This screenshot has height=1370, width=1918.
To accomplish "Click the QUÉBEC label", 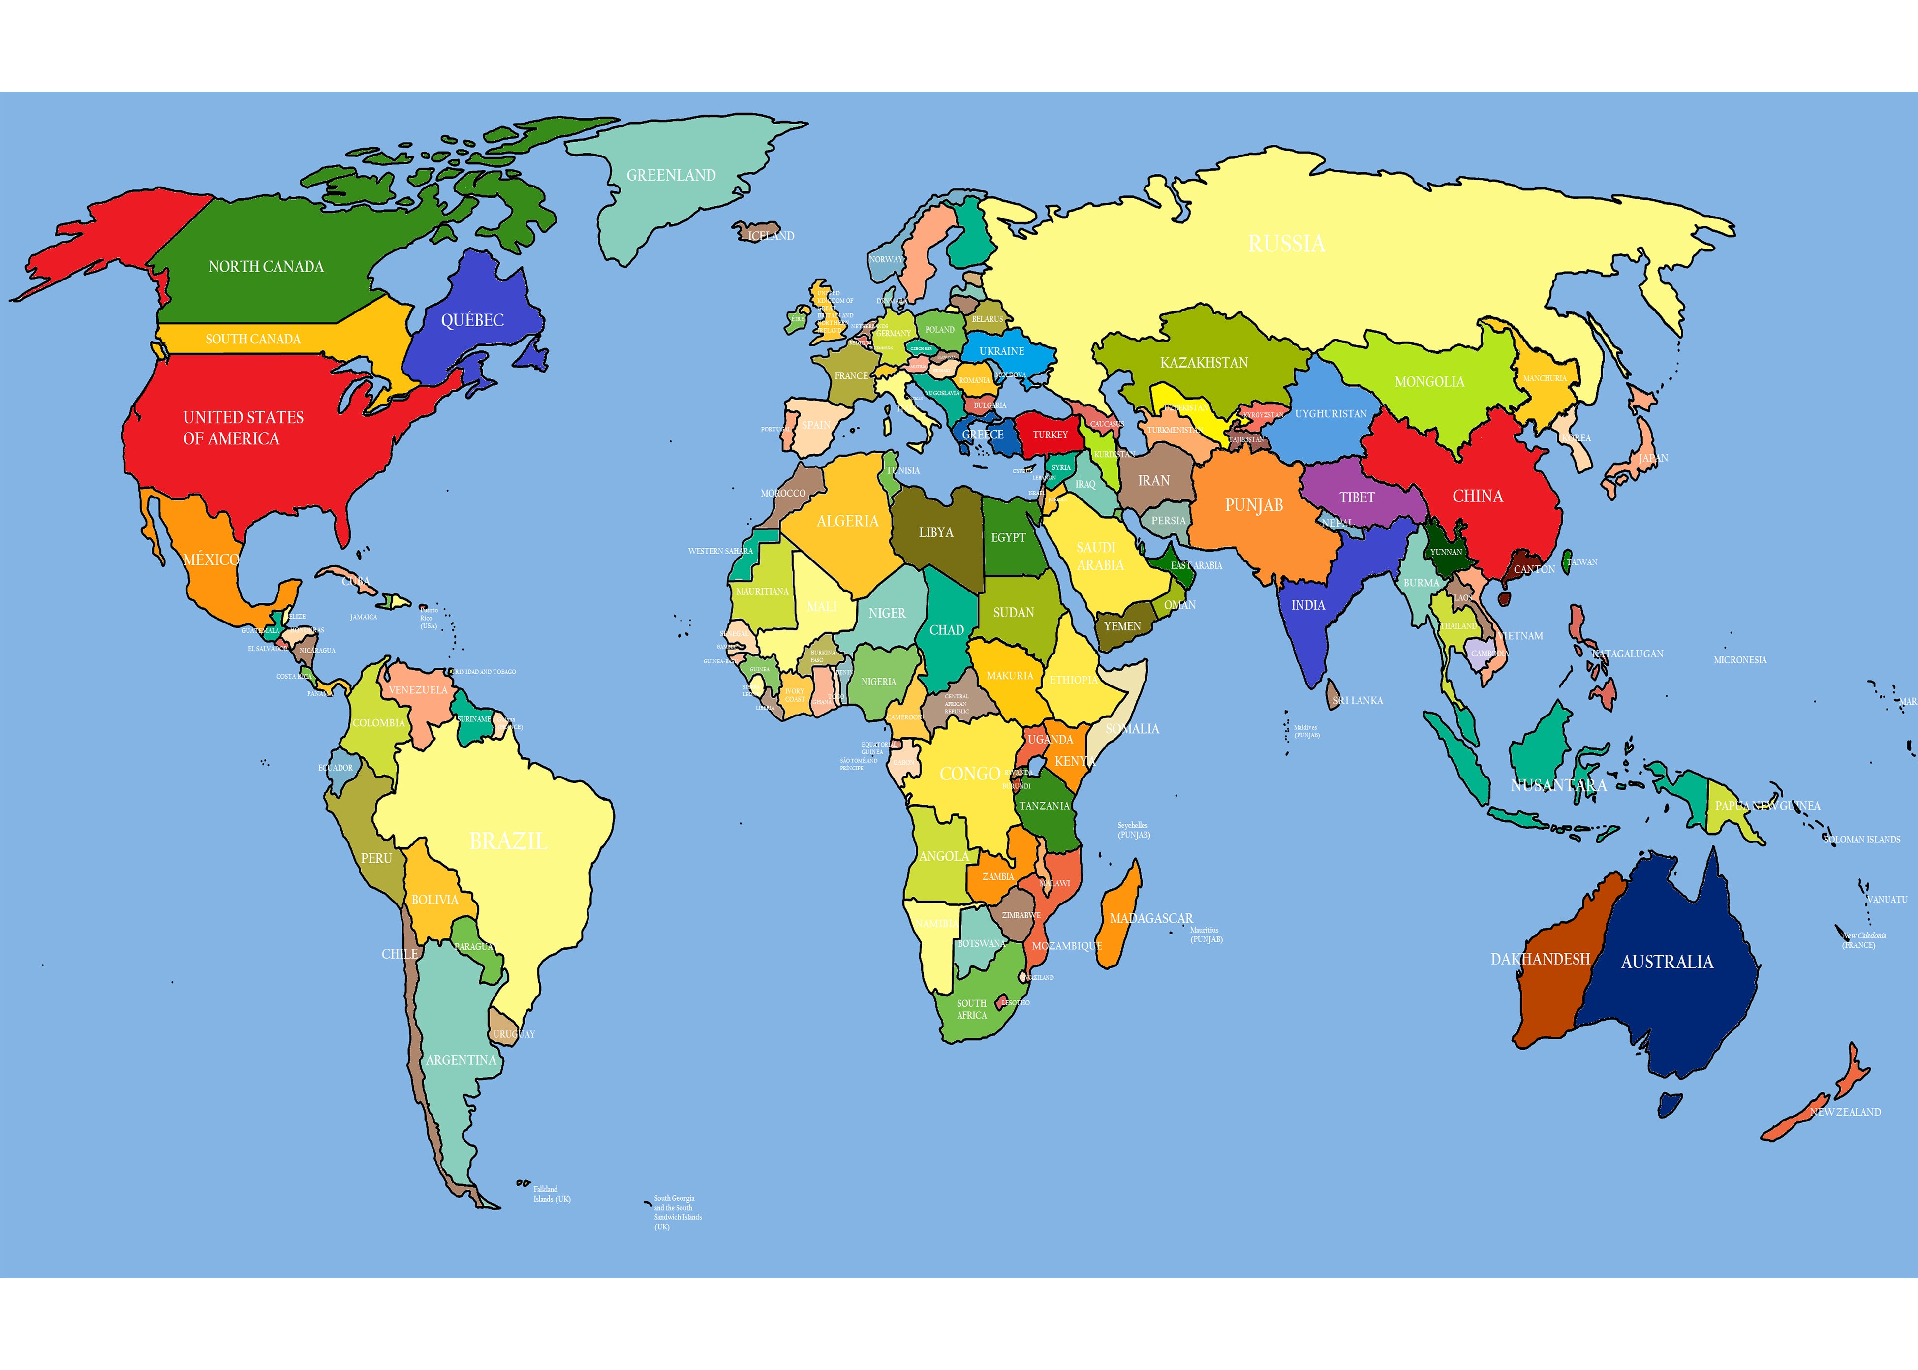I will coord(472,320).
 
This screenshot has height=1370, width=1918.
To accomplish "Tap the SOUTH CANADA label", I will coord(253,339).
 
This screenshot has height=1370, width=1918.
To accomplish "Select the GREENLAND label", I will coord(671,176).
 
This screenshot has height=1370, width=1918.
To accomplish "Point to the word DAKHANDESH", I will coord(1540,959).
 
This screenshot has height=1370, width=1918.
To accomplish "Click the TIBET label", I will coord(1357,498).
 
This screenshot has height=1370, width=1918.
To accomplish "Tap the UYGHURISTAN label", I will coord(1331,414).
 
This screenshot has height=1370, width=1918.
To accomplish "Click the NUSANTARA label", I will coord(1558,785).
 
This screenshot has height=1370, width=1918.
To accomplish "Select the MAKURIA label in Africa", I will coord(1010,676).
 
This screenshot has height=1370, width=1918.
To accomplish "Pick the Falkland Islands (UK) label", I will coord(552,1194).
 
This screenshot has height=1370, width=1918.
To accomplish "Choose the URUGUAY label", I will coord(514,1034).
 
